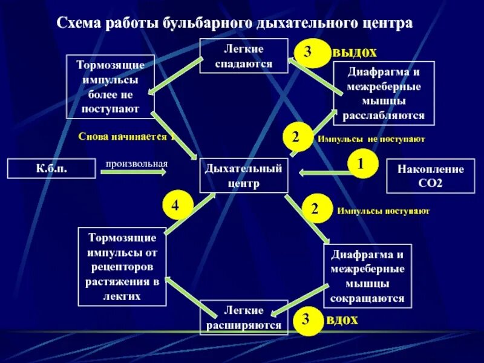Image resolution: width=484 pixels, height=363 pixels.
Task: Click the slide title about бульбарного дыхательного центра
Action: coord(235,24)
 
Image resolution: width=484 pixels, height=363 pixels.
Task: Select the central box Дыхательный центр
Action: coord(244,175)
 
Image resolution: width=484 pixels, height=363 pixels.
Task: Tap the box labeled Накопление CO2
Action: coord(430,175)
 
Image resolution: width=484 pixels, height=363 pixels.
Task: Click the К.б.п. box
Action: coord(51,168)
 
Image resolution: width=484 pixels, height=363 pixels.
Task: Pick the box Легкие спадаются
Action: coord(244,56)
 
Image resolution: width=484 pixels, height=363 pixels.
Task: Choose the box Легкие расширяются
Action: coord(244,318)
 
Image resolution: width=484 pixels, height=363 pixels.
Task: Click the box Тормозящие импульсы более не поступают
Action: coord(110,87)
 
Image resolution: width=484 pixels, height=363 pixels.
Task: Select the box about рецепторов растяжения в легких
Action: coord(122,267)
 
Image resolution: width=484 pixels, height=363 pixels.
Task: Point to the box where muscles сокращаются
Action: coord(367,275)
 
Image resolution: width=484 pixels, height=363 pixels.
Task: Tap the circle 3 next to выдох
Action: coord(308,53)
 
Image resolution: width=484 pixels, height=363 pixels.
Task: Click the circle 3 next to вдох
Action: coord(307,319)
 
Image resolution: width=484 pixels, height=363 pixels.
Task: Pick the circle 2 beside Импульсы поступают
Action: coord(315,209)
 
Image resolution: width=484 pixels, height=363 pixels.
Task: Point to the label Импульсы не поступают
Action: coord(371,139)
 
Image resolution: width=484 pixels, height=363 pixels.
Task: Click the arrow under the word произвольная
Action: coord(133,173)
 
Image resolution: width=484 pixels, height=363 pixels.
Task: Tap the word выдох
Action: coord(355,52)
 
